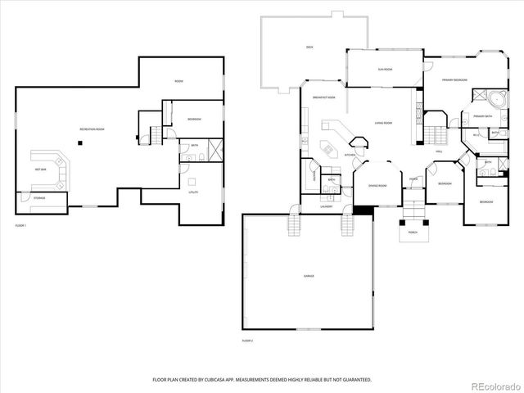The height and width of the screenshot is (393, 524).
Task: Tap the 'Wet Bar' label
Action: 40,169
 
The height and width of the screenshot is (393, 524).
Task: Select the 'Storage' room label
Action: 39,198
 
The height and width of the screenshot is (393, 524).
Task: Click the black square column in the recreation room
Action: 79,143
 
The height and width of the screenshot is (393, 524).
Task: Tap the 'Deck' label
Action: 309,47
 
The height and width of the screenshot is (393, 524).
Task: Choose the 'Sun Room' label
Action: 384,70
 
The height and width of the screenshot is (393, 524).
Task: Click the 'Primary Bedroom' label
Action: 454,80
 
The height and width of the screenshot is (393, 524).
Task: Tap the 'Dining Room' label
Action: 377,185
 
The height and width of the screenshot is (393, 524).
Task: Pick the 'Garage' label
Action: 309,276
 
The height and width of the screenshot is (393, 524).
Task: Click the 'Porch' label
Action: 413,233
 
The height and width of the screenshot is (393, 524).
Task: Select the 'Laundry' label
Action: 326,206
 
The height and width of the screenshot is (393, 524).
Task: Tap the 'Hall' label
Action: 439,151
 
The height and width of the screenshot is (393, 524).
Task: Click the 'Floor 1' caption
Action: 20,225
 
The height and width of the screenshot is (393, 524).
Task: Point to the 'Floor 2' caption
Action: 247,340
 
